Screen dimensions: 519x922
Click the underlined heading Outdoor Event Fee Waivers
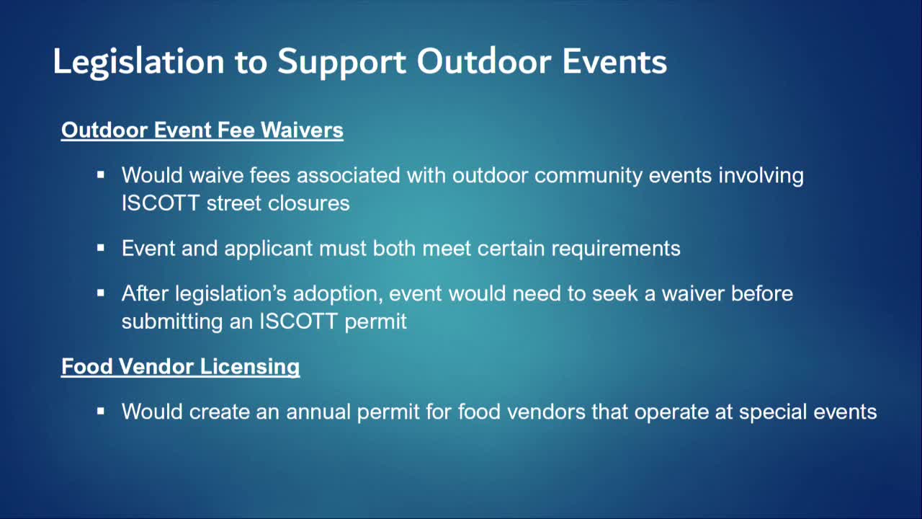(x=202, y=130)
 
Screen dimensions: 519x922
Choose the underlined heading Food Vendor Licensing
(x=180, y=366)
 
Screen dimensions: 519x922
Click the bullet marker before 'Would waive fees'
(x=101, y=175)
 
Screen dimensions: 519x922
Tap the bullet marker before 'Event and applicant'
(x=101, y=248)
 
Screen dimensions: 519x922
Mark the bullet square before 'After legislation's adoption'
(x=101, y=293)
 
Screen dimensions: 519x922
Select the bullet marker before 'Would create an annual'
(x=101, y=412)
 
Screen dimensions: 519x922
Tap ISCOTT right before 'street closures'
(x=161, y=203)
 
